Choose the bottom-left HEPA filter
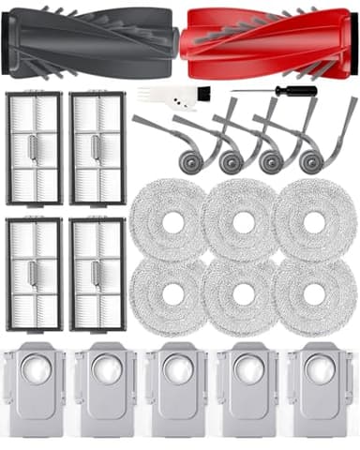click(33, 275)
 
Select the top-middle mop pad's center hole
click(242, 223)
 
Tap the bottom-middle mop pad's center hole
click(242, 298)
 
